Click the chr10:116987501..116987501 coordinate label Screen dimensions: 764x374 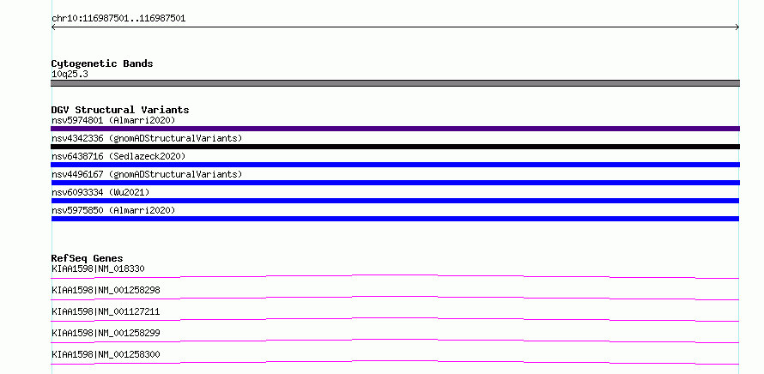point(118,19)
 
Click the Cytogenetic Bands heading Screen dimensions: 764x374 point(102,63)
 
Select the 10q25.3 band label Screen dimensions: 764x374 point(70,75)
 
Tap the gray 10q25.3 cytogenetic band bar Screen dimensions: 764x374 point(395,83)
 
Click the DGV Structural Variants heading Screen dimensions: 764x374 point(120,110)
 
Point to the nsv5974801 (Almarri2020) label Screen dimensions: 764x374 point(113,120)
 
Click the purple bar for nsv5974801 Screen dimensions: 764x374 point(395,129)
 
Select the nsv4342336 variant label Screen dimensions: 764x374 point(147,138)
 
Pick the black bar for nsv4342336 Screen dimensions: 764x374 point(395,147)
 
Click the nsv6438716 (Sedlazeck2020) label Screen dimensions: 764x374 point(118,156)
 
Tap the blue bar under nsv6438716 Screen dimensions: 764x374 point(395,165)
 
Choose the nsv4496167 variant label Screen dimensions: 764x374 point(147,174)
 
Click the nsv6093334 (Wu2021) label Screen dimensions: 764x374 point(100,192)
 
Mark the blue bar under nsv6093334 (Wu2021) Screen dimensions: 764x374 point(395,201)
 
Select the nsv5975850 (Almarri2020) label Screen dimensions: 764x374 point(113,210)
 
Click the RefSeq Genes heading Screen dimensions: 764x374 point(88,258)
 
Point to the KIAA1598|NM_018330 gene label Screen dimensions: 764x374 point(98,268)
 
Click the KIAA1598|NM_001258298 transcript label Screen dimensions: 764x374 point(106,290)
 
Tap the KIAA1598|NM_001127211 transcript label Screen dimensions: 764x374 point(106,311)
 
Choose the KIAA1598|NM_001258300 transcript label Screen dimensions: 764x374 point(106,354)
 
